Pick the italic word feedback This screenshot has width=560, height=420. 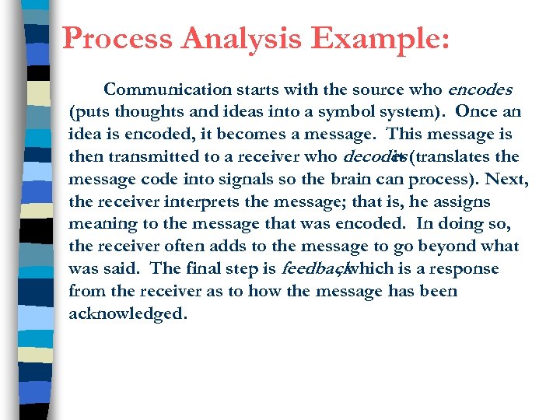(x=312, y=269)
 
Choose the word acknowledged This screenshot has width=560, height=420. (x=128, y=314)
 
